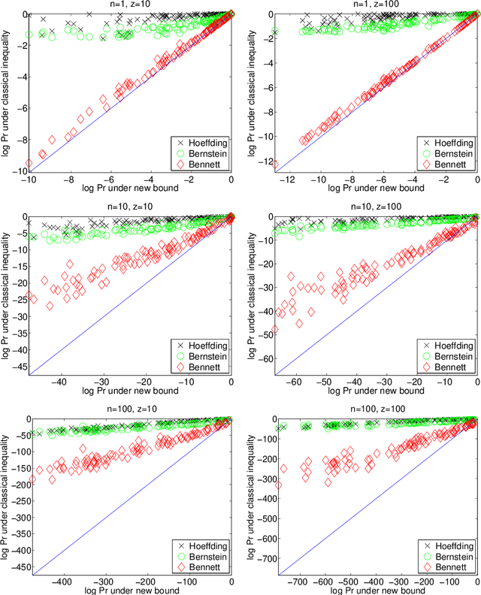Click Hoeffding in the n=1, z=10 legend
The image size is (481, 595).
(x=204, y=142)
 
